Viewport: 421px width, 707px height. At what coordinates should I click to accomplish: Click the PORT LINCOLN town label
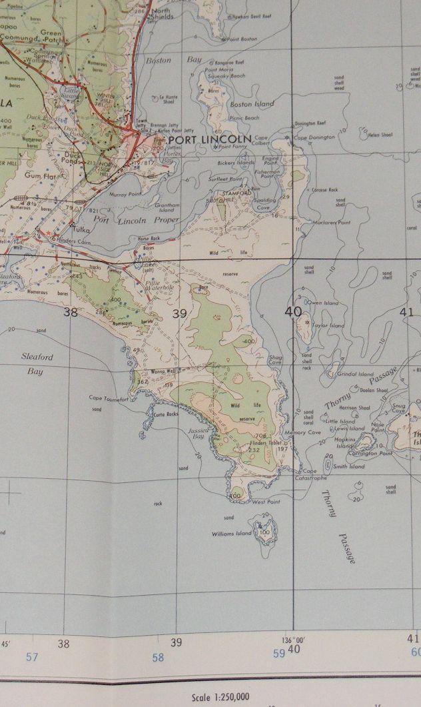pyautogui.click(x=211, y=139)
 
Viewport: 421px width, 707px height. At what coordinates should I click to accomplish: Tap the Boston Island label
pyautogui.click(x=252, y=104)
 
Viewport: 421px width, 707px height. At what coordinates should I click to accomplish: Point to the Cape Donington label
pyautogui.click(x=310, y=137)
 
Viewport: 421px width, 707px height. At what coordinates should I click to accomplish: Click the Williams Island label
pyautogui.click(x=232, y=534)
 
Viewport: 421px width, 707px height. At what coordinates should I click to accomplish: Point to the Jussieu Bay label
pyautogui.click(x=199, y=434)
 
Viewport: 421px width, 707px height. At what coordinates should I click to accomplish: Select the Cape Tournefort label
pyautogui.click(x=107, y=398)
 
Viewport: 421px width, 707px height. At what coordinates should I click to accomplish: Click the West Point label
pyautogui.click(x=266, y=501)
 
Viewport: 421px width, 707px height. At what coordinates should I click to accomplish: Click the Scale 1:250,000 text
pyautogui.click(x=220, y=697)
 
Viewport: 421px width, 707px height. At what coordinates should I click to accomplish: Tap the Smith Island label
pyautogui.click(x=349, y=467)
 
